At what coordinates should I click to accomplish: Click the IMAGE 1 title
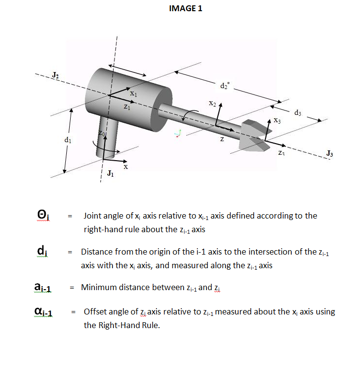coord(185,8)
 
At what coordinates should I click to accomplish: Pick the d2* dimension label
coord(224,86)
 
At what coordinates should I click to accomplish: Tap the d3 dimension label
coord(298,113)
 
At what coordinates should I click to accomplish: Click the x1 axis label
coord(134,92)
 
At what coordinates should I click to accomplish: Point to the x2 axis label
coord(211,103)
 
